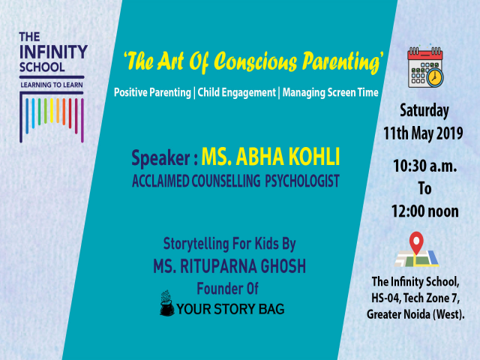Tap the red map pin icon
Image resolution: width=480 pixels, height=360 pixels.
[415, 244]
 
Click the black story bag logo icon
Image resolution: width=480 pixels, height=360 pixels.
[166, 304]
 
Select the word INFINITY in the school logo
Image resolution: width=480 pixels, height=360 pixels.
[52, 51]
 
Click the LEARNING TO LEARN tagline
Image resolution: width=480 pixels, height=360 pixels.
[52, 86]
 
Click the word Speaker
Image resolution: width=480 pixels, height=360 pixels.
[163, 158]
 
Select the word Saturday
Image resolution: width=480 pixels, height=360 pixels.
[423, 111]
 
